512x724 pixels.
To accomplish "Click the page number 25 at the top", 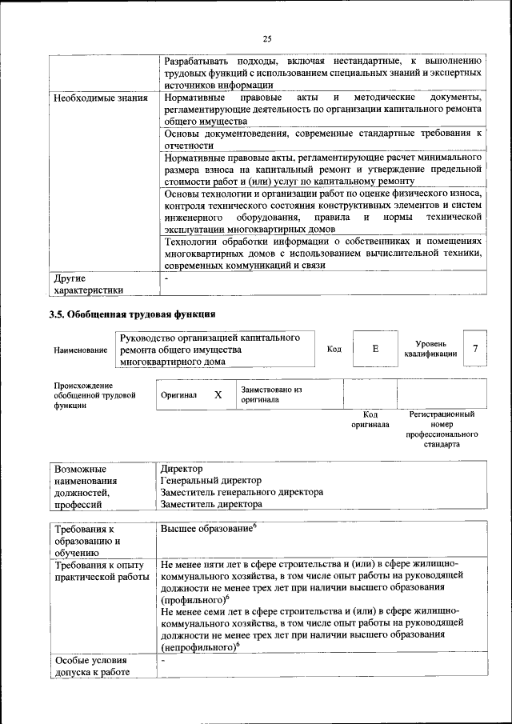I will (267, 38).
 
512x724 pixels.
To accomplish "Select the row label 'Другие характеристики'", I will (89, 285).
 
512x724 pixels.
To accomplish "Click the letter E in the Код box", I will (375, 349).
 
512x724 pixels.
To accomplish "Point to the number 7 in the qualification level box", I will (475, 348).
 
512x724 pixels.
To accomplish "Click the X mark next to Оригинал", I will (218, 394).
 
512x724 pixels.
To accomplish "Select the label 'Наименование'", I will (81, 350).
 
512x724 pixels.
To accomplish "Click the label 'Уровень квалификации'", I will (431, 348).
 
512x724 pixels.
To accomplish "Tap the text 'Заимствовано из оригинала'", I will (271, 394).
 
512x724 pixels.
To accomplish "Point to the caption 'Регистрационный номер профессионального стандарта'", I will (442, 429).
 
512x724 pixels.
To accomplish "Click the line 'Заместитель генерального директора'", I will (242, 493).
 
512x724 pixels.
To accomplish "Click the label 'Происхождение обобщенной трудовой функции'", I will (94, 394).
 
